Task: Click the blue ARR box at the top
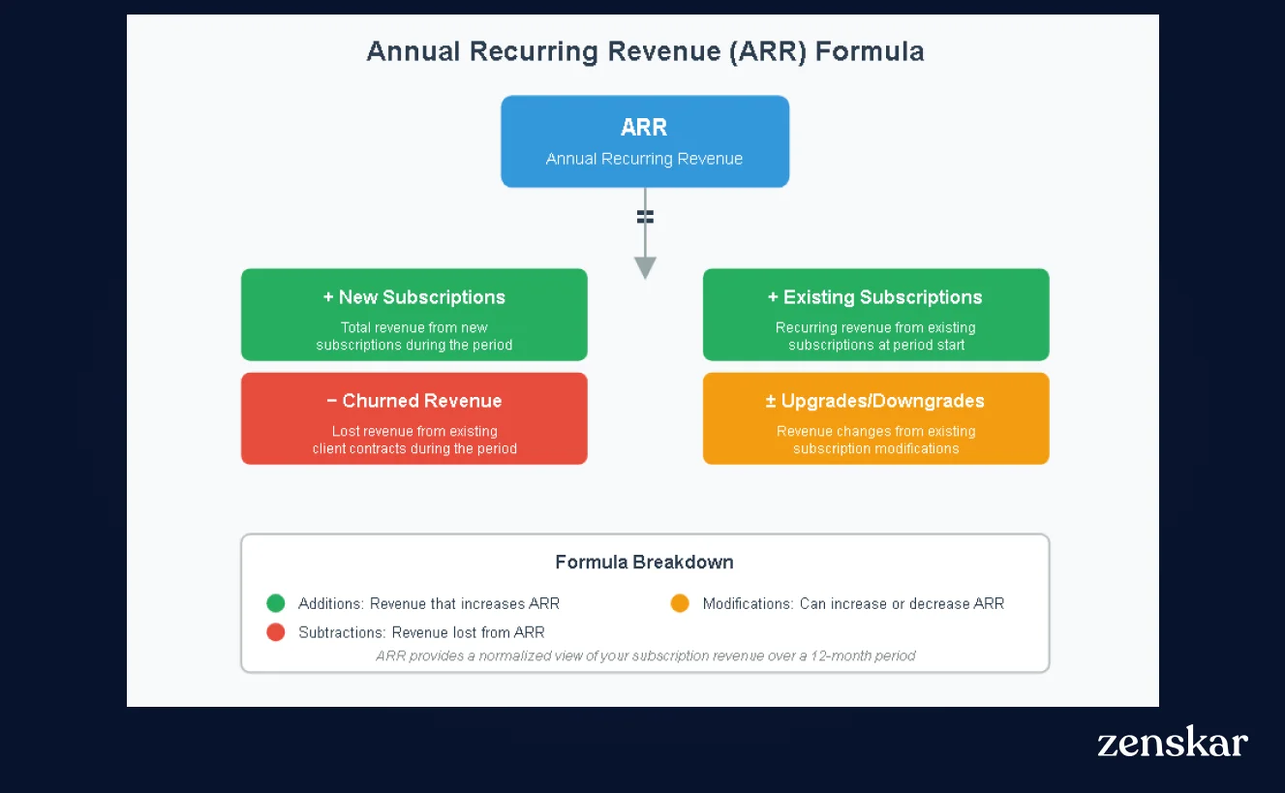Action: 644,141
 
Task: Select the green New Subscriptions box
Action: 413,315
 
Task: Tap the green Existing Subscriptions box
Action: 875,315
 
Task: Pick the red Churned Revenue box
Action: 413,418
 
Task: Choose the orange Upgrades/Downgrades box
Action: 875,418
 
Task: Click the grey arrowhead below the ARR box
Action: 645,267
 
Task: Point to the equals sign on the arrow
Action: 645,217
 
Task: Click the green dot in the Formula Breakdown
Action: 276,603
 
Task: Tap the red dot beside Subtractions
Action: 276,632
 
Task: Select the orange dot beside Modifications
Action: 680,603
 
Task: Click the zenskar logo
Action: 1172,742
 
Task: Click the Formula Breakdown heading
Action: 644,563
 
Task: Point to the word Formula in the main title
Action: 869,51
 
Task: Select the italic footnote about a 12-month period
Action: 645,656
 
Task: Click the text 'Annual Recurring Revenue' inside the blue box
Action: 644,159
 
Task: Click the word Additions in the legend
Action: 329,603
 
